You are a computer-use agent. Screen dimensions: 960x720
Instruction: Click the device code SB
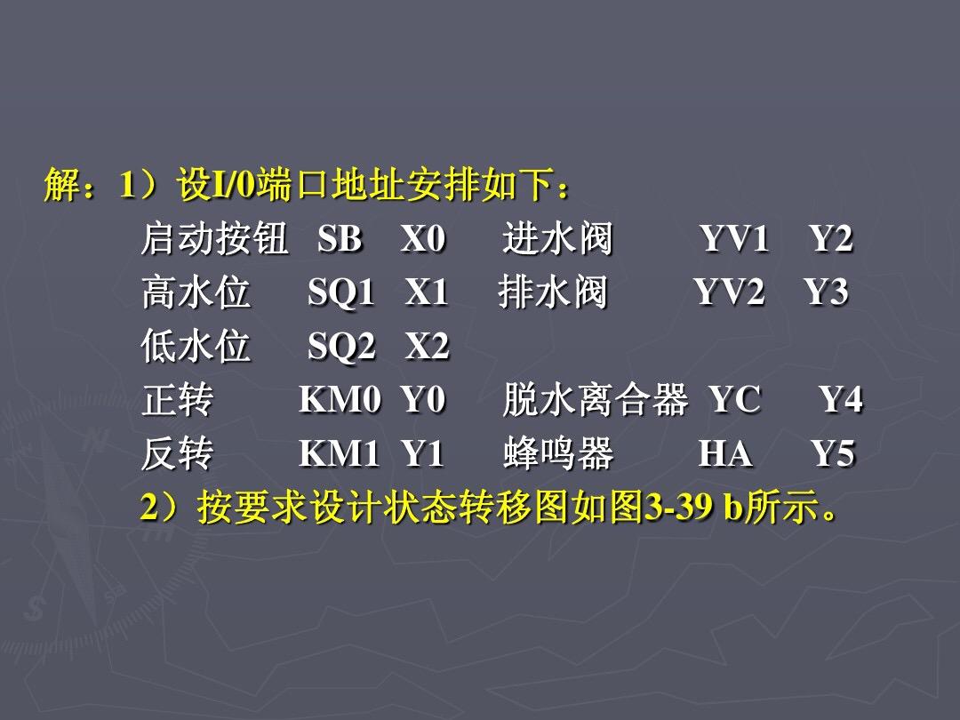pos(340,239)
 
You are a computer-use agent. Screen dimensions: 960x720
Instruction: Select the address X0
pos(423,239)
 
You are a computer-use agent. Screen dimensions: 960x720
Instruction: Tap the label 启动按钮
pos(214,238)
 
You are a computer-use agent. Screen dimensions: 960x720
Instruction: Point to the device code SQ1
pos(341,292)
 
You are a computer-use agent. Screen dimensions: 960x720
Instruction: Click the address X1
pos(427,292)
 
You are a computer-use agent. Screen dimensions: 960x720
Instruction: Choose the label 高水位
pos(196,292)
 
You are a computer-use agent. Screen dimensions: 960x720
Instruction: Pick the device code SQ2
pos(341,347)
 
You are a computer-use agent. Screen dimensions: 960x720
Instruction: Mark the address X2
pos(428,346)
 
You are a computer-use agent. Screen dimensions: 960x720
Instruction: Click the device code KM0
pos(340,400)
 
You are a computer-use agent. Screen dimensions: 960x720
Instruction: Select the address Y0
pos(423,400)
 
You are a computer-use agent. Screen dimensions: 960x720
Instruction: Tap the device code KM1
pos(340,453)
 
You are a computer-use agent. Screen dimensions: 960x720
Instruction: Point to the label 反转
pos(178,453)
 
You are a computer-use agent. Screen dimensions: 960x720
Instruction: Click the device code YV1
pos(735,239)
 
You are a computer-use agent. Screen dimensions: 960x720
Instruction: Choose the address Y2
pos(831,239)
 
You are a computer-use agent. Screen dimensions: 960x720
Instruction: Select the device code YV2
pos(730,292)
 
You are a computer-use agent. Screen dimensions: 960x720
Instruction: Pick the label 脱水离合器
pos(595,400)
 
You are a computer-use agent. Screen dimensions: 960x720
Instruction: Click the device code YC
pos(735,400)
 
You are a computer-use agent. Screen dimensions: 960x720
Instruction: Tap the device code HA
pos(725,453)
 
